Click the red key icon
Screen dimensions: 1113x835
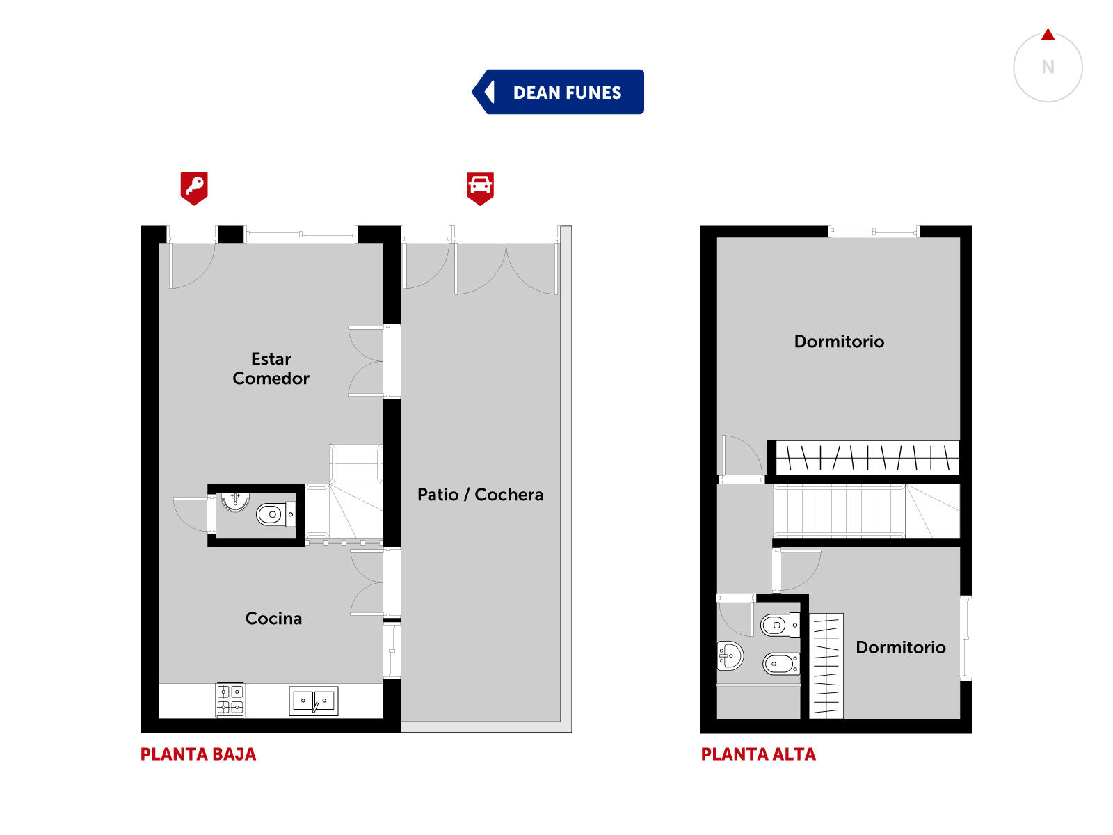[194, 188]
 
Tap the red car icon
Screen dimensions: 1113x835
[480, 188]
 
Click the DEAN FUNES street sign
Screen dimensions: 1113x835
[558, 92]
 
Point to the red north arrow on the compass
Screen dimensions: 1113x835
[1048, 35]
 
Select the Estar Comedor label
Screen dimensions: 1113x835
[271, 369]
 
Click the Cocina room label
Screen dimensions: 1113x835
[273, 618]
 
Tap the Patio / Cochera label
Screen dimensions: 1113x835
[480, 494]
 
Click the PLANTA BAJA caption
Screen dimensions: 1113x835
[198, 754]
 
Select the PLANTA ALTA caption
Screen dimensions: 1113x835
[758, 754]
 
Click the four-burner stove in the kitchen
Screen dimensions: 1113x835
[231, 699]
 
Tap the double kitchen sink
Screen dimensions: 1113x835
[313, 701]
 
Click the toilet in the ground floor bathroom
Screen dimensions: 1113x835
[276, 514]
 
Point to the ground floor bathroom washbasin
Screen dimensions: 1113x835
[235, 501]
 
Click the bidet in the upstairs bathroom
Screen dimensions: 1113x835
[781, 663]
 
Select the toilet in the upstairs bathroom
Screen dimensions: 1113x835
[780, 625]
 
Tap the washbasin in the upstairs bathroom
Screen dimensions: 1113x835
[730, 656]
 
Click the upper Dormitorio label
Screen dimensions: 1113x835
[839, 341]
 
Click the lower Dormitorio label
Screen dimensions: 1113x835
[901, 647]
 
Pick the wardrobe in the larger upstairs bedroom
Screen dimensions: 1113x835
[867, 458]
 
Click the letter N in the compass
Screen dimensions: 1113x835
[1048, 67]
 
